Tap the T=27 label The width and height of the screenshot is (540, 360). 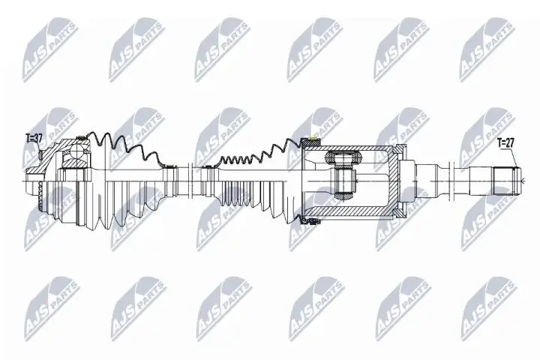point(507,141)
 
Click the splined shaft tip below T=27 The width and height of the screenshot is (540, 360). point(511,180)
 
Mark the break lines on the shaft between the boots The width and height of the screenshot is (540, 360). point(193,180)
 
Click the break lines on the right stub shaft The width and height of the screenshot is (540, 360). point(458,180)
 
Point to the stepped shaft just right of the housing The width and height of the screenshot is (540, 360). point(420,180)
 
